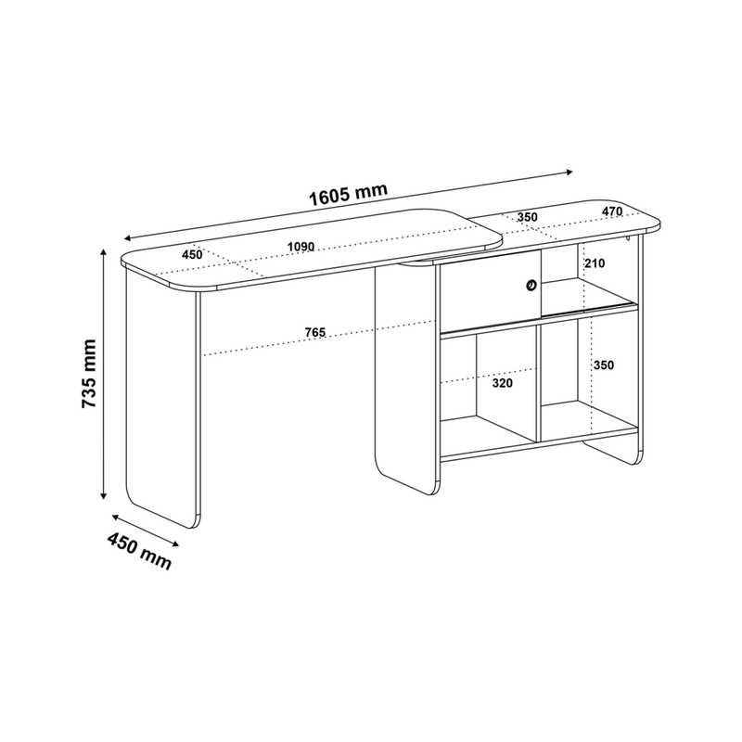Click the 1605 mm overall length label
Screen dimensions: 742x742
pos(349,194)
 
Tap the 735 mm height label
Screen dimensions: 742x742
pos(89,374)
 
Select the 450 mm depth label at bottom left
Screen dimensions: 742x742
pos(139,550)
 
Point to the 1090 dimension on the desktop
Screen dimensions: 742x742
pos(301,247)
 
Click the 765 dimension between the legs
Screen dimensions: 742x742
pos(315,333)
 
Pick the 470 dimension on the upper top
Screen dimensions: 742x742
pos(612,211)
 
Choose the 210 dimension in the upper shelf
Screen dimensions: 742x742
pos(595,263)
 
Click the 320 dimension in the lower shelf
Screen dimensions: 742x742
pos(502,383)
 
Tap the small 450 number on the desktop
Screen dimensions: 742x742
pos(192,254)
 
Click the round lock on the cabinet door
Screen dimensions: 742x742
pos(531,285)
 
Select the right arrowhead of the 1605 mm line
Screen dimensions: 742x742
pos(569,172)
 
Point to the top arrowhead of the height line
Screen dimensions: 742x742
pos(103,251)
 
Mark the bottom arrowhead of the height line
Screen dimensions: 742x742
pos(103,495)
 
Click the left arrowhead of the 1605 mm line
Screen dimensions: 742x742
pos(127,238)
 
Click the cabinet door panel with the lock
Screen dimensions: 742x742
pos(491,289)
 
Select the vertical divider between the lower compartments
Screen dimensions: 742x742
pos(538,384)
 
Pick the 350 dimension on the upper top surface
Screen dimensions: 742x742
pos(527,217)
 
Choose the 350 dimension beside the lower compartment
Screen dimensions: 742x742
pos(604,365)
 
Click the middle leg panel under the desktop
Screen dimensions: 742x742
pos(404,378)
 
